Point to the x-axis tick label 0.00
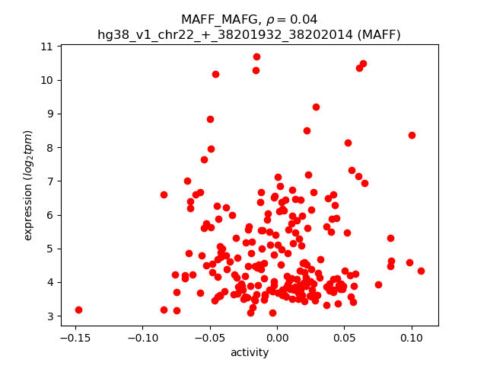click(x=277, y=337)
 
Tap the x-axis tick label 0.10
click(x=411, y=337)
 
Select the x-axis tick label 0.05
click(x=344, y=337)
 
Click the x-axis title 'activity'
click(x=250, y=352)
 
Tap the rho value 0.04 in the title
click(x=304, y=20)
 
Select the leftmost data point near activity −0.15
click(x=78, y=310)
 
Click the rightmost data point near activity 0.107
click(x=421, y=271)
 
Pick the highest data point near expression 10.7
click(x=256, y=56)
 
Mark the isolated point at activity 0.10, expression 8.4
click(x=412, y=135)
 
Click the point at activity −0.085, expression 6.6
click(x=164, y=194)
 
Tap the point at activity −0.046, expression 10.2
click(x=215, y=74)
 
